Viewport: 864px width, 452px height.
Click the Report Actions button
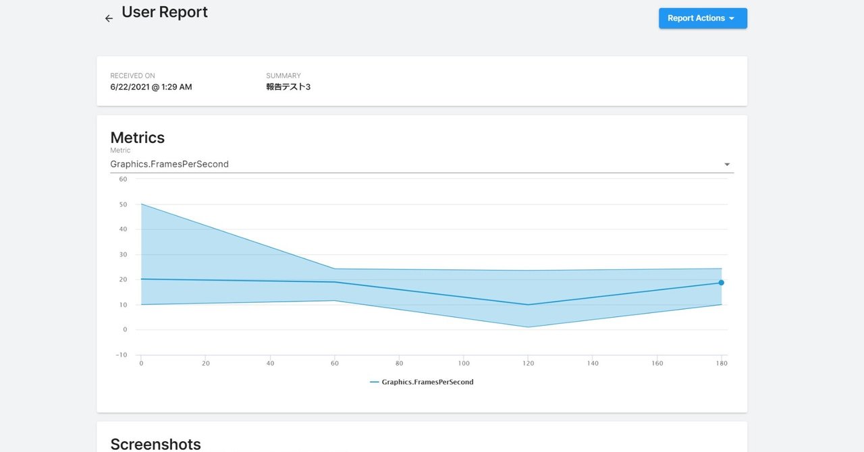tap(702, 18)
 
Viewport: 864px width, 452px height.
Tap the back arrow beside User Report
tap(109, 18)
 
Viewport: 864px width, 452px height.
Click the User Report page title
tap(165, 12)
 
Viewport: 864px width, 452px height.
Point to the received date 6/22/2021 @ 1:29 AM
tap(151, 87)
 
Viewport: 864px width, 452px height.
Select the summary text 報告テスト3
tap(288, 87)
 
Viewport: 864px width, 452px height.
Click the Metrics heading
tap(138, 138)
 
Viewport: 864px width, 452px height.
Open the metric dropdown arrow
tap(727, 165)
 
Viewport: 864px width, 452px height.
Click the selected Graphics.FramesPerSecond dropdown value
tap(169, 164)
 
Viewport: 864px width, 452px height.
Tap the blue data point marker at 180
tap(721, 283)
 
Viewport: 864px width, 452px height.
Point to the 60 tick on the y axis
tap(123, 179)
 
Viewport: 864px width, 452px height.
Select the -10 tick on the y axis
tap(122, 355)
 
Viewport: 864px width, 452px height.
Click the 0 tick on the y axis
tap(125, 330)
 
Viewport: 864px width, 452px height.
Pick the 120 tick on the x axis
tap(529, 364)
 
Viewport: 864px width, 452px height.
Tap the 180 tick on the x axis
tap(722, 364)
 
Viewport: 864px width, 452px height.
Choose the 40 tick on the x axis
tap(270, 364)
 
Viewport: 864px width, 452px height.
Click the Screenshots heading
tap(155, 444)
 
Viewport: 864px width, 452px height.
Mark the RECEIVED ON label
tap(132, 76)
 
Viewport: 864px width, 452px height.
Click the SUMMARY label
tap(283, 76)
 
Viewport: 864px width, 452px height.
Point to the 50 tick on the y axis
tap(123, 204)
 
